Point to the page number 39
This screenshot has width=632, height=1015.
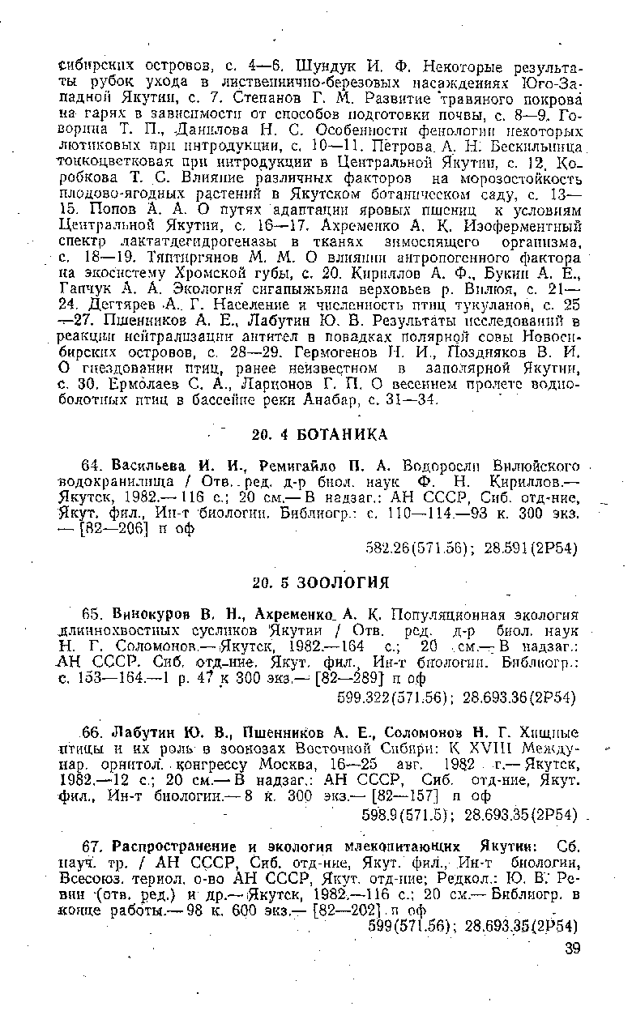point(573,949)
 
